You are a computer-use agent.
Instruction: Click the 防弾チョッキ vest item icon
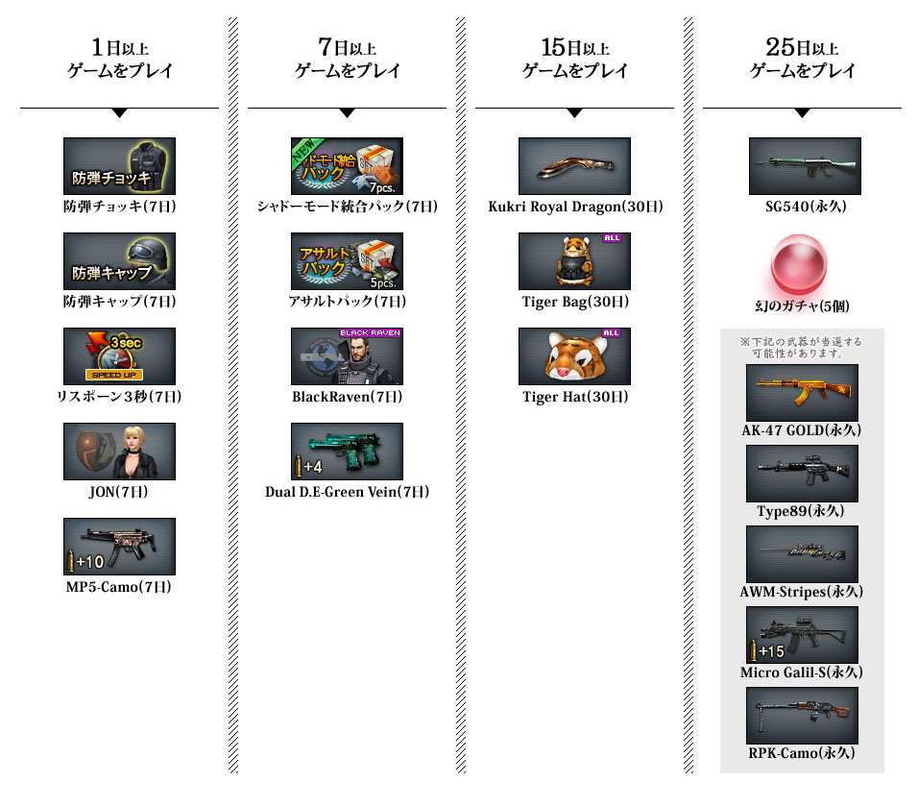pyautogui.click(x=119, y=166)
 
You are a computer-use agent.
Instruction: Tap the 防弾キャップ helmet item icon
pyautogui.click(x=119, y=261)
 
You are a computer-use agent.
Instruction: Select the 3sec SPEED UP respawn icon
pyautogui.click(x=119, y=356)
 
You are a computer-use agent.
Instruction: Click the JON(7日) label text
pyautogui.click(x=118, y=492)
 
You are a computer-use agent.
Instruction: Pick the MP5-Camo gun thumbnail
pyautogui.click(x=119, y=547)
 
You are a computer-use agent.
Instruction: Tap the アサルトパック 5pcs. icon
pyautogui.click(x=348, y=261)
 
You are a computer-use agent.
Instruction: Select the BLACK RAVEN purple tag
pyautogui.click(x=370, y=332)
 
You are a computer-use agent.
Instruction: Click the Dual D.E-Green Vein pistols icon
pyautogui.click(x=348, y=452)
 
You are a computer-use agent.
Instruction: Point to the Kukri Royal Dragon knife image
pyautogui.click(x=574, y=166)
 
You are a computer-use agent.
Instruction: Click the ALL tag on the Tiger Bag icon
pyautogui.click(x=612, y=238)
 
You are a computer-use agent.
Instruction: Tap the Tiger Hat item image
pyautogui.click(x=574, y=356)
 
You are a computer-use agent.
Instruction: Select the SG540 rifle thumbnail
pyautogui.click(x=805, y=166)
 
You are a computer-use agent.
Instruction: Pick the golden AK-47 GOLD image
pyautogui.click(x=802, y=393)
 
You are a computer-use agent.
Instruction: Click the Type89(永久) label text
pyautogui.click(x=800, y=511)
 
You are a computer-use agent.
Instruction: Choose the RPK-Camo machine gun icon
pyautogui.click(x=802, y=716)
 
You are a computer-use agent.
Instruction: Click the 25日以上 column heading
pyautogui.click(x=802, y=47)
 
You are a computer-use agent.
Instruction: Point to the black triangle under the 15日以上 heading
pyautogui.click(x=575, y=112)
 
